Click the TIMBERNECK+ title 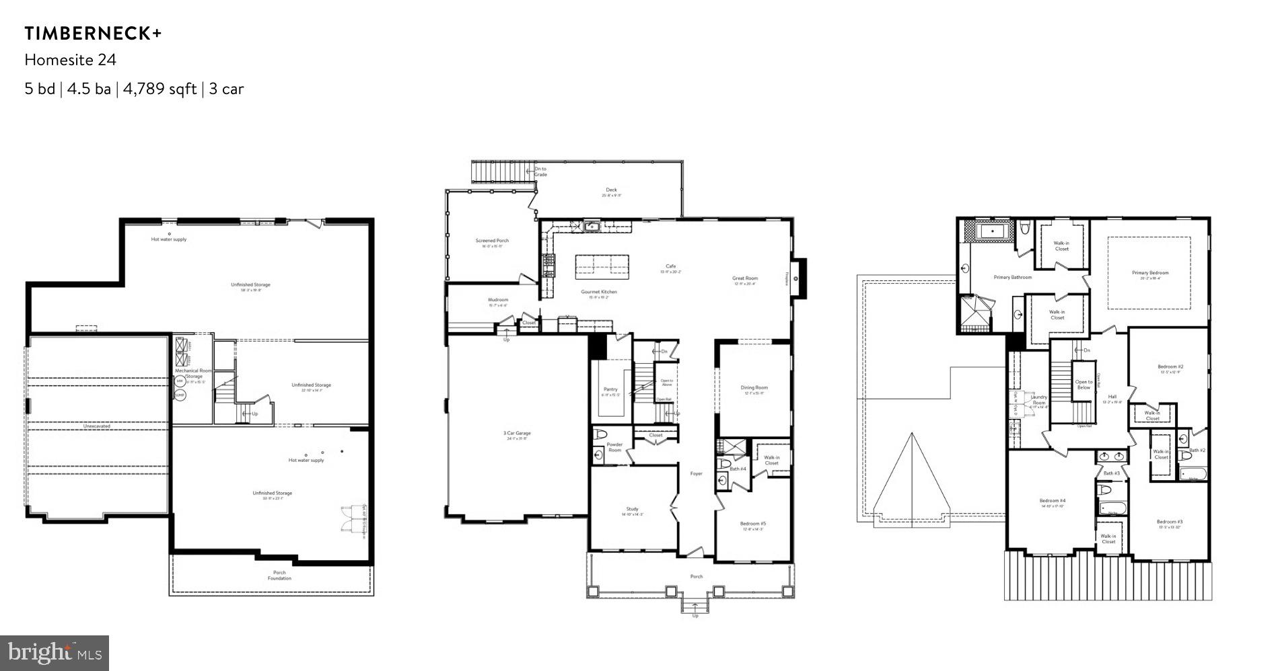click(94, 34)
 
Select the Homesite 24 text click(71, 60)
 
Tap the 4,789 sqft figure click(159, 89)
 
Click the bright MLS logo click(55, 653)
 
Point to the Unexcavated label click(97, 426)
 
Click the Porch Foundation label click(279, 576)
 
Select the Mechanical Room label click(193, 371)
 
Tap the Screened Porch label click(492, 241)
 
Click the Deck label click(611, 190)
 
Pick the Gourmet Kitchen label click(599, 292)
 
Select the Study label click(632, 509)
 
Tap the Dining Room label click(754, 388)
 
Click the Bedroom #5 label click(753, 524)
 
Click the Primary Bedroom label click(1150, 273)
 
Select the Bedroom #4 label click(1052, 501)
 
